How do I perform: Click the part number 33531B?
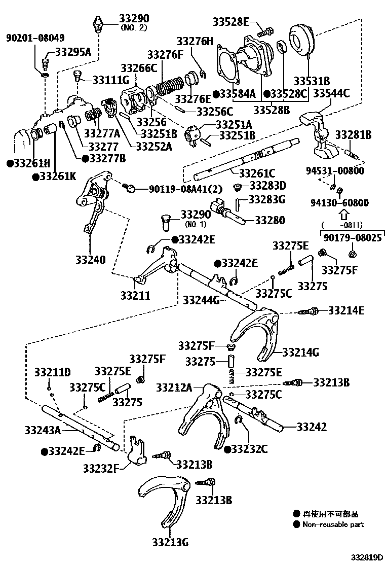coord(312,81)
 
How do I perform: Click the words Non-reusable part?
coord(333,524)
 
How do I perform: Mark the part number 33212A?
coord(174,388)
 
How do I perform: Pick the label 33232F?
coord(100,467)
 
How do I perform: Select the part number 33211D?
coord(52,373)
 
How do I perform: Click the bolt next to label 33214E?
coord(310,311)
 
